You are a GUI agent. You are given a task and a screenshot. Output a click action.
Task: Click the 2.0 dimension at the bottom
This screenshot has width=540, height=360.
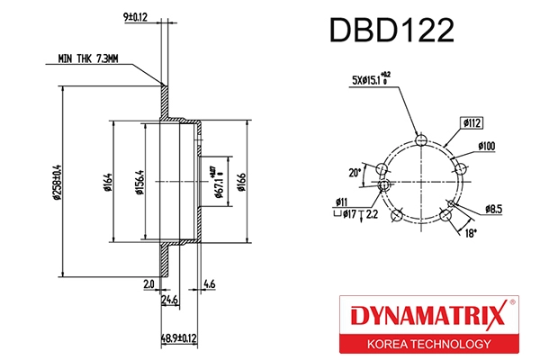[148, 285]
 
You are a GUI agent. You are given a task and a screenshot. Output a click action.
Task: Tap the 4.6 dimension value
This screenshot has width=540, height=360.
[209, 285]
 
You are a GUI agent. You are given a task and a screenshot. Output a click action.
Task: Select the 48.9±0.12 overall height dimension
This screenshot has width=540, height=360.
[177, 338]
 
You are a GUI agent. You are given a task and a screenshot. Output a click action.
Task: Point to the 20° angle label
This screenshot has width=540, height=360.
[355, 172]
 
